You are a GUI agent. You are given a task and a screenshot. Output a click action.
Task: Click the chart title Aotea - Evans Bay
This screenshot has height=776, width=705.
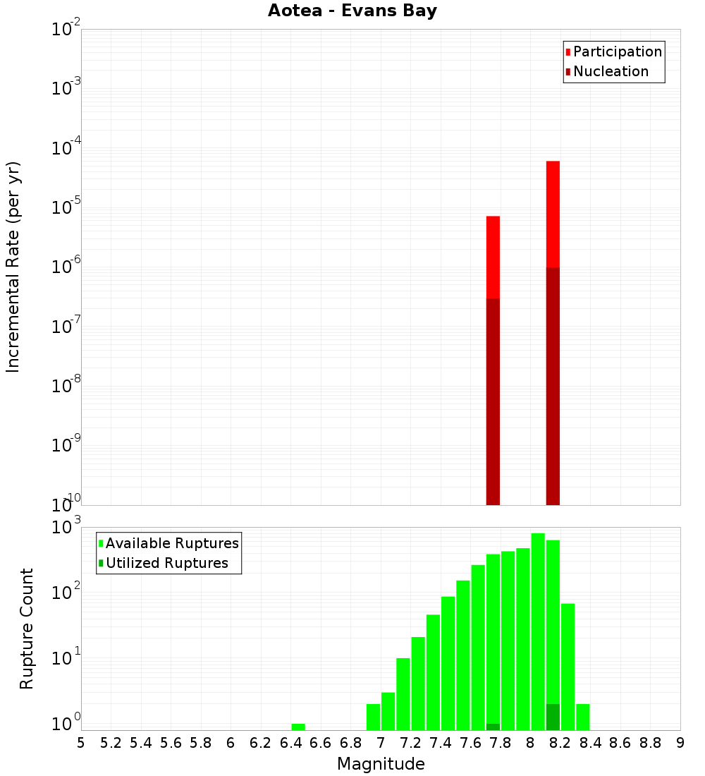click(352, 11)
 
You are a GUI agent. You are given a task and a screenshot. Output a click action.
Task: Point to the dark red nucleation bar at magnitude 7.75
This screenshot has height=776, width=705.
click(493, 401)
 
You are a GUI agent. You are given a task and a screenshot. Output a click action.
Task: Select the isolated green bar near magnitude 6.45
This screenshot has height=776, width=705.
click(298, 727)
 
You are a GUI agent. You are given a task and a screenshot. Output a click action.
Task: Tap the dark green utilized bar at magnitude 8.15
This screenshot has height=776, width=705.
click(553, 717)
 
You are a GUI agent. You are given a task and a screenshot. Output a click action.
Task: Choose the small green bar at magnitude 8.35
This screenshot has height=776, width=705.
click(582, 717)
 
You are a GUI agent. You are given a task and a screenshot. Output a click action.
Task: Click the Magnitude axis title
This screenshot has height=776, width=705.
click(381, 764)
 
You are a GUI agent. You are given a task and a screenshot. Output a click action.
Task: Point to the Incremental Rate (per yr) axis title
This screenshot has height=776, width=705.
click(13, 267)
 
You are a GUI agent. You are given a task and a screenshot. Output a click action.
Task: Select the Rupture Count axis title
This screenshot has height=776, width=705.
click(27, 629)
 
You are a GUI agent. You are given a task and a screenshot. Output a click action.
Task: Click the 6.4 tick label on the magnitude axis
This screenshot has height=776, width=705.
click(290, 743)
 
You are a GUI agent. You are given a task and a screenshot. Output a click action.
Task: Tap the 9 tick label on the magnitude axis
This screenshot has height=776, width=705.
click(680, 743)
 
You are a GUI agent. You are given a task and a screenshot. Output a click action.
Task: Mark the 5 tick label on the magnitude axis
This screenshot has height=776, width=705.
click(81, 743)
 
